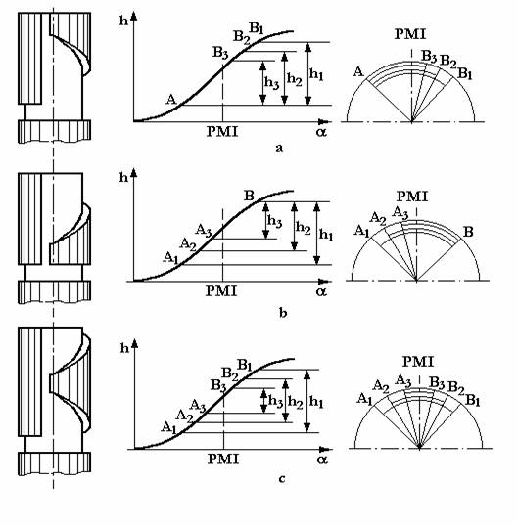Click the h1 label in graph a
click(x=316, y=74)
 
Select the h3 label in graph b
click(x=274, y=221)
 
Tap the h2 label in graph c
click(x=296, y=402)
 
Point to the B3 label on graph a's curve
click(x=220, y=53)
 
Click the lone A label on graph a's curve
click(x=171, y=99)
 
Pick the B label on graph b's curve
click(x=249, y=196)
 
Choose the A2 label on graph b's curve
click(x=188, y=244)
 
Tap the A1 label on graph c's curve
click(x=169, y=427)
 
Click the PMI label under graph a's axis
click(x=222, y=131)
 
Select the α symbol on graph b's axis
click(x=321, y=292)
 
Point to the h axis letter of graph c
click(x=124, y=348)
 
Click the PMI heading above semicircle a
click(x=410, y=34)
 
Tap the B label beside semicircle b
click(x=468, y=232)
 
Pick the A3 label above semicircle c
click(x=403, y=381)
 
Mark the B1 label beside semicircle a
click(x=465, y=73)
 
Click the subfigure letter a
click(x=279, y=148)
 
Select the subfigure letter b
click(x=283, y=313)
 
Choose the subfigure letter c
click(x=282, y=479)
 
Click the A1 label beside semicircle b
click(x=361, y=231)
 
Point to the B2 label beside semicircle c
click(x=456, y=387)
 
